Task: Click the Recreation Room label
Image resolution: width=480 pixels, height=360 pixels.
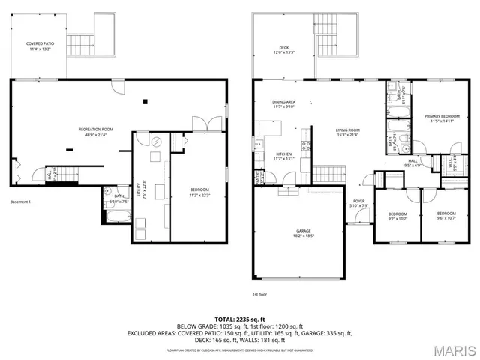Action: click(95, 131)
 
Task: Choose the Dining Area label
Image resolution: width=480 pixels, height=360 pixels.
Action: click(284, 103)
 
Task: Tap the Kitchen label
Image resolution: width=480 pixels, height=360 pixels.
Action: click(283, 156)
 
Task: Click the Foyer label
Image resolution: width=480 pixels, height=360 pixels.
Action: click(358, 203)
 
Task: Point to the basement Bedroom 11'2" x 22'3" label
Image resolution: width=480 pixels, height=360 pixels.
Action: click(198, 191)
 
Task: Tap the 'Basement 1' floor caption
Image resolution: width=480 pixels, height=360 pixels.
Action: click(20, 202)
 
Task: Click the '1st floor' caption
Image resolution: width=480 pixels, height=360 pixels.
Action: click(260, 295)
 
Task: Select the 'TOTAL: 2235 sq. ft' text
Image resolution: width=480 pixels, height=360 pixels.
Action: click(239, 319)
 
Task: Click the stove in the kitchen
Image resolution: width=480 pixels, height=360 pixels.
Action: click(305, 145)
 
